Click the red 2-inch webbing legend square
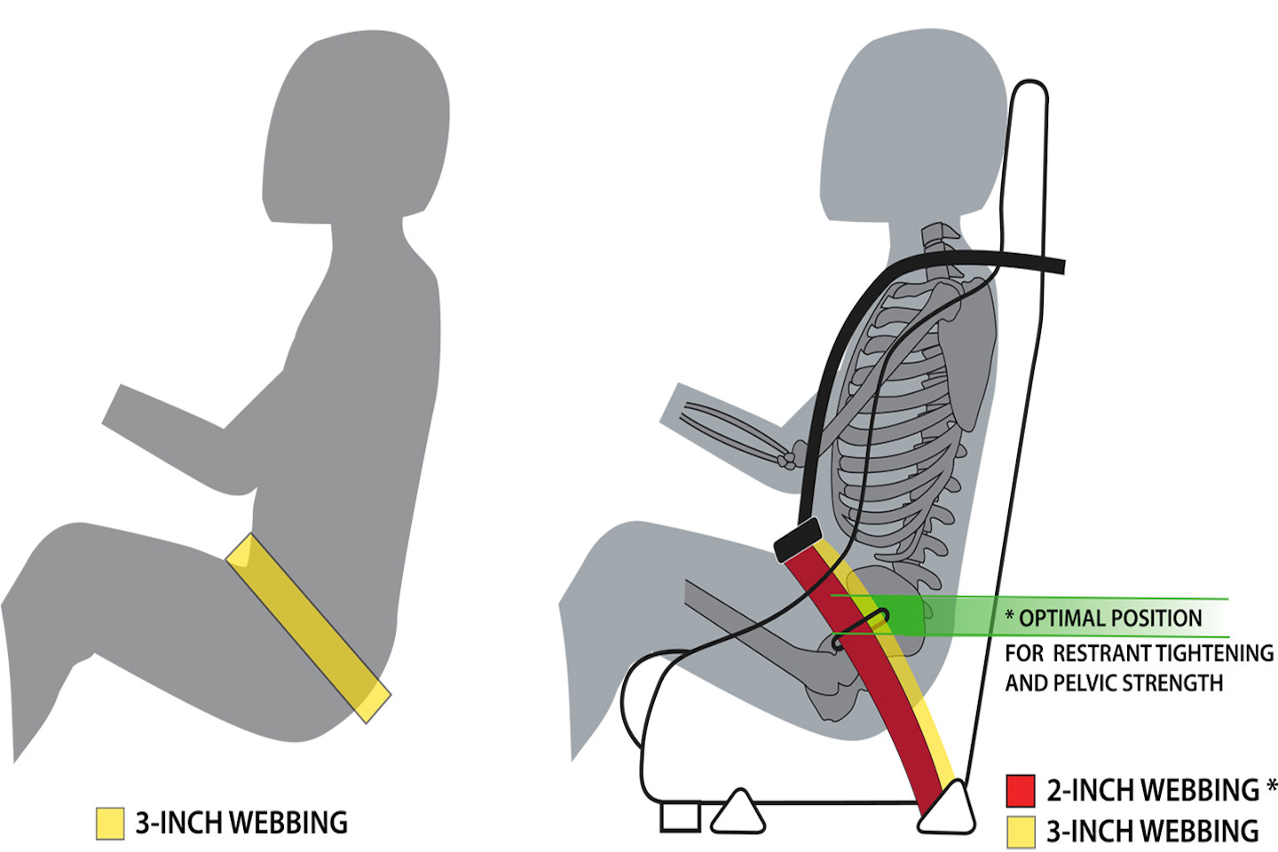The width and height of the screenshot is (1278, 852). coord(1020,791)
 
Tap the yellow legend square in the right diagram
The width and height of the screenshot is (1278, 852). coord(1020,832)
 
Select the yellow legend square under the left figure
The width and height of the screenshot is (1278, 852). coord(110,824)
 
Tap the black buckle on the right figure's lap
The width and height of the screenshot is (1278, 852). coord(798,540)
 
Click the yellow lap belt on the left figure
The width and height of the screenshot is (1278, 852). coord(308,627)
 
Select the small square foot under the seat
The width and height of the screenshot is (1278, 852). coord(680,817)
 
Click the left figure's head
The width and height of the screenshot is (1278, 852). coord(355,125)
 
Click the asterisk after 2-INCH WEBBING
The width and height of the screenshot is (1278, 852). coord(1272,786)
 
